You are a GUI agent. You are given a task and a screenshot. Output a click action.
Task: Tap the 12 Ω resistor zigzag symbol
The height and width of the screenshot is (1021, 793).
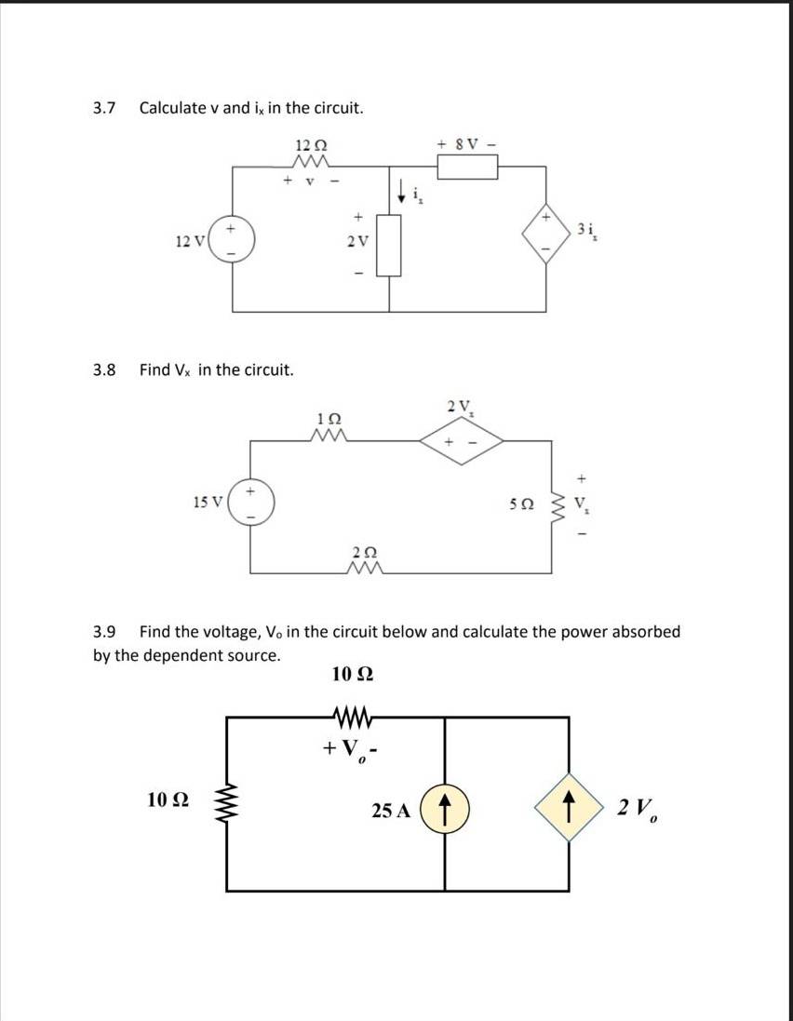(311, 161)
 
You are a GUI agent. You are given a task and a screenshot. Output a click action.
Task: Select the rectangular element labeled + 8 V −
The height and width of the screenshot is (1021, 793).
(467, 167)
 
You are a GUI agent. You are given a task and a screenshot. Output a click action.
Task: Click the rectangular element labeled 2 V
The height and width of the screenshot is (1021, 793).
(389, 244)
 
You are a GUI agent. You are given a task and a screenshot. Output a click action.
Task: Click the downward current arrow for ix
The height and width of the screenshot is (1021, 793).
(402, 192)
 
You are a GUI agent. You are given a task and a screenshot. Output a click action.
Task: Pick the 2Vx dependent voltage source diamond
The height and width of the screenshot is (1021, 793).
(462, 441)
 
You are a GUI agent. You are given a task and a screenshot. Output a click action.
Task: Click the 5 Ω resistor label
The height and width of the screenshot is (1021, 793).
(522, 504)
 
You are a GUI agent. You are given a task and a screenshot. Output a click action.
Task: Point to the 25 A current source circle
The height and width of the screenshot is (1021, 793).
(445, 810)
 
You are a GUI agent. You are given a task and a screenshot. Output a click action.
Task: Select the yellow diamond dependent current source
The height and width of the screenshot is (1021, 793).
(569, 807)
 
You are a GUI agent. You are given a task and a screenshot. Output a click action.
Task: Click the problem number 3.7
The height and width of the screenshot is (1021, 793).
(103, 107)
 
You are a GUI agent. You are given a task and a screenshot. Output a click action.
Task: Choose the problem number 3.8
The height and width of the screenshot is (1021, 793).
(103, 369)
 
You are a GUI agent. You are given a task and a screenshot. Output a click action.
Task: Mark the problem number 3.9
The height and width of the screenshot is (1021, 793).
(103, 632)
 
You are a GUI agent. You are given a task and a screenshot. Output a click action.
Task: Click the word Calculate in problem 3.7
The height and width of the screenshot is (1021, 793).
(172, 107)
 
